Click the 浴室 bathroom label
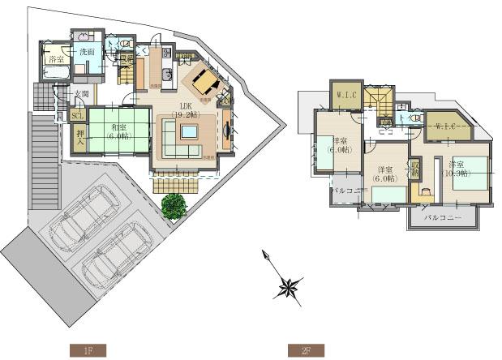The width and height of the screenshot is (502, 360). pyautogui.click(x=54, y=60)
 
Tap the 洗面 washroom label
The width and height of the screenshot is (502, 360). pyautogui.click(x=86, y=52)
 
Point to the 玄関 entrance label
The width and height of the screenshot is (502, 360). pyautogui.click(x=80, y=94)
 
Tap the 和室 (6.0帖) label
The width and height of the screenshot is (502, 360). pyautogui.click(x=118, y=131)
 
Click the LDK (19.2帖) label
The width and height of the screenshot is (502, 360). pyautogui.click(x=184, y=111)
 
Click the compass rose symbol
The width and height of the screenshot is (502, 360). pyautogui.click(x=290, y=286)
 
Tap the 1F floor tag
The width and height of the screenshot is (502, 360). pyautogui.click(x=88, y=350)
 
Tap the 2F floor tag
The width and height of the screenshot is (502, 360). pyautogui.click(x=306, y=350)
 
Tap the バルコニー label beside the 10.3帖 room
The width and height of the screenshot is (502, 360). pyautogui.click(x=443, y=219)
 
